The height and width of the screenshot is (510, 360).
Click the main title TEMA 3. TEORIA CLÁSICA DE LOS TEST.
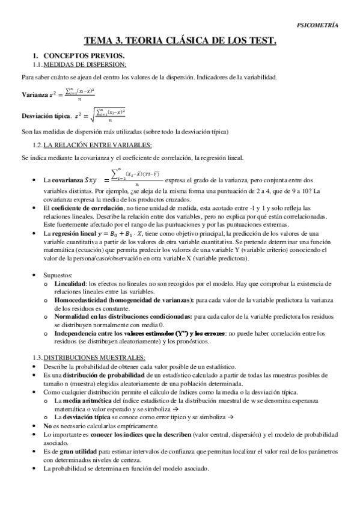180,41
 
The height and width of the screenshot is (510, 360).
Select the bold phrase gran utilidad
74,450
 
